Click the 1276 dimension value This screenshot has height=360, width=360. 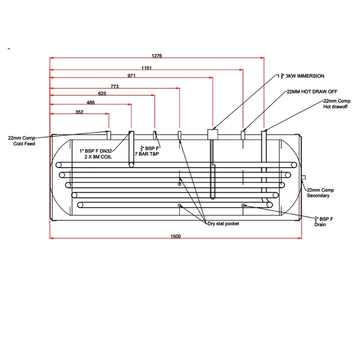[157, 56]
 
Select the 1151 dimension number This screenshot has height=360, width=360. [146, 68]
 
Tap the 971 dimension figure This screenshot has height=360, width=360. [131, 76]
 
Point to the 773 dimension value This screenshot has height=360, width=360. [114, 86]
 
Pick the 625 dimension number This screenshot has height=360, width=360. [102, 94]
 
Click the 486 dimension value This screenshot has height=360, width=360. [90, 103]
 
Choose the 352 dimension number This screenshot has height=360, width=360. [79, 112]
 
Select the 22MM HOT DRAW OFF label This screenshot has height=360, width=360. [312, 91]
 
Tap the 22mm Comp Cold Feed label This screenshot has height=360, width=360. [21, 140]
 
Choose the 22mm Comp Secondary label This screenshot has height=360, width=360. [320, 193]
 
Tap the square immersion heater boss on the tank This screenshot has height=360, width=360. [212, 134]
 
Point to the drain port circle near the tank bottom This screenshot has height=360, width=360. [243, 205]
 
